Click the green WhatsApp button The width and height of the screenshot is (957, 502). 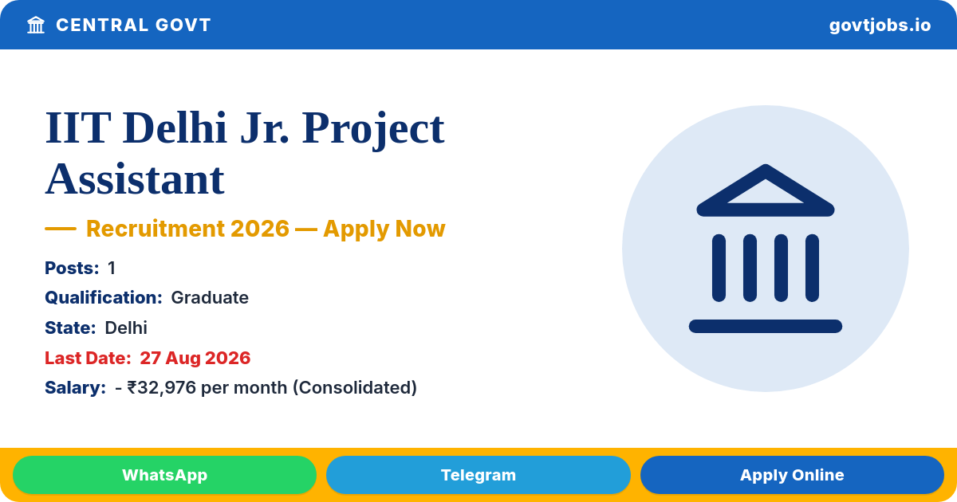coord(164,475)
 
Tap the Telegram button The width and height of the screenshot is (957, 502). coord(478,475)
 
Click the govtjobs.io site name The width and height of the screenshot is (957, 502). coord(880,25)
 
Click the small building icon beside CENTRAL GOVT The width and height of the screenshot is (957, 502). coord(36,25)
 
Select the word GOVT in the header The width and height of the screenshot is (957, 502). coord(183,25)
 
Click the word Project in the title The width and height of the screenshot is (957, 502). coord(373,129)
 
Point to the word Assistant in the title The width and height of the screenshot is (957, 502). coord(135,179)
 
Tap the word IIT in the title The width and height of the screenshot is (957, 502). coord(78,127)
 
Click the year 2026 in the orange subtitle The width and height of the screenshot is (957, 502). coord(260,229)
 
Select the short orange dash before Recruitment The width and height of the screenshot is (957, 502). coord(61,229)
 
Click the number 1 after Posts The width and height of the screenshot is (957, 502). coord(112,268)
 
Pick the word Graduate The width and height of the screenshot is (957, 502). coord(210,298)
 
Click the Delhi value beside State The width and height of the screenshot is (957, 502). coord(126,327)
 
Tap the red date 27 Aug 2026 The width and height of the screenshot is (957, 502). coord(195,358)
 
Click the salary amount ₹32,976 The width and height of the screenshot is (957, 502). coord(161,388)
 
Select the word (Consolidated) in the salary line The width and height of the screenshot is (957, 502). coord(355,387)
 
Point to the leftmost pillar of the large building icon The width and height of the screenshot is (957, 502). coord(719,268)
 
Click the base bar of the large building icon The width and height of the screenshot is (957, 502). coord(766,326)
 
